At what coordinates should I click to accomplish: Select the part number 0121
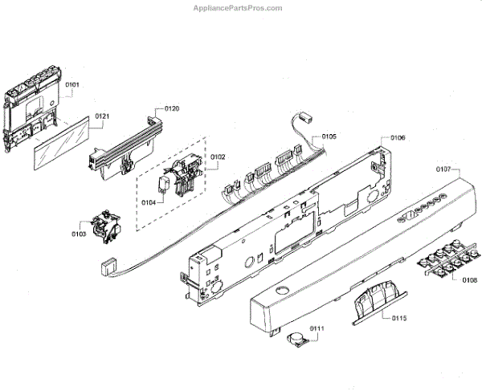(x=102, y=116)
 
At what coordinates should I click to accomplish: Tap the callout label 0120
(x=171, y=108)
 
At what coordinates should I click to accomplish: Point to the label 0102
(x=218, y=157)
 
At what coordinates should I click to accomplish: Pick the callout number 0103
(x=78, y=234)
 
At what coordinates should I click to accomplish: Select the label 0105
(x=329, y=136)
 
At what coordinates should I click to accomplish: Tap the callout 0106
(x=398, y=137)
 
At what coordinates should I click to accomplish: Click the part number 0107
(x=443, y=169)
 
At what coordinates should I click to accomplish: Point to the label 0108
(x=469, y=280)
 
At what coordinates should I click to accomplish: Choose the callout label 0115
(x=399, y=318)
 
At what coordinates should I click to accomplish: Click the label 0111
(x=317, y=329)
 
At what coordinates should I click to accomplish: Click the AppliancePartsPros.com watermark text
(x=238, y=8)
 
